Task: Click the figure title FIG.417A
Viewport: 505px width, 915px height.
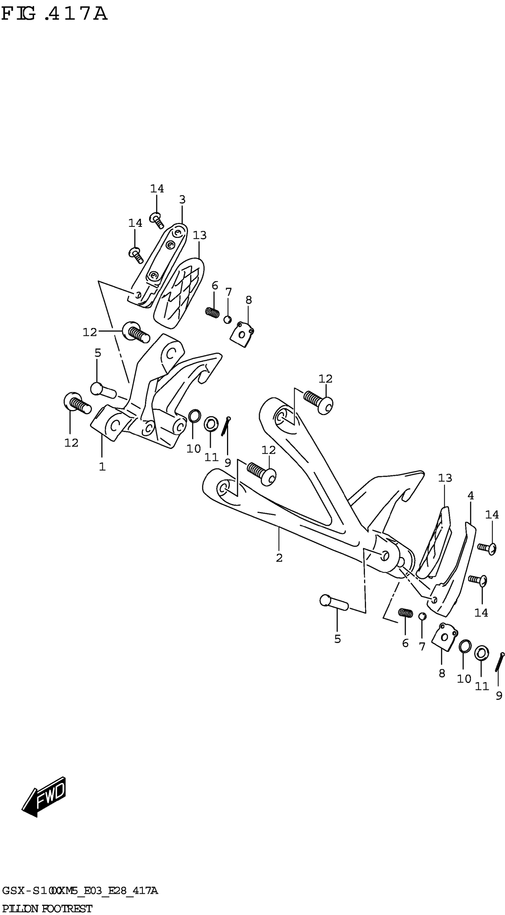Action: tap(54, 14)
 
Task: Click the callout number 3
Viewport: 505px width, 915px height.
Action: tap(182, 200)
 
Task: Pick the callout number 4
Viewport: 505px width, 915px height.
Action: tap(471, 495)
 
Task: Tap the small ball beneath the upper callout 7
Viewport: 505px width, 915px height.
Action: tap(228, 319)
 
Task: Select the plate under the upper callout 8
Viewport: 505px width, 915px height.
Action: tap(242, 334)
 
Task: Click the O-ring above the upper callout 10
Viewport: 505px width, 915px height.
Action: tap(194, 416)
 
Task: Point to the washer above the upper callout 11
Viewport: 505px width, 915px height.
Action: tap(211, 424)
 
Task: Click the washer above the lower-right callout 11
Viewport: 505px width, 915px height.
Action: tap(481, 653)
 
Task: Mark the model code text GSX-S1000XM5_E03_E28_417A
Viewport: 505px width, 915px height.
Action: tap(80, 891)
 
